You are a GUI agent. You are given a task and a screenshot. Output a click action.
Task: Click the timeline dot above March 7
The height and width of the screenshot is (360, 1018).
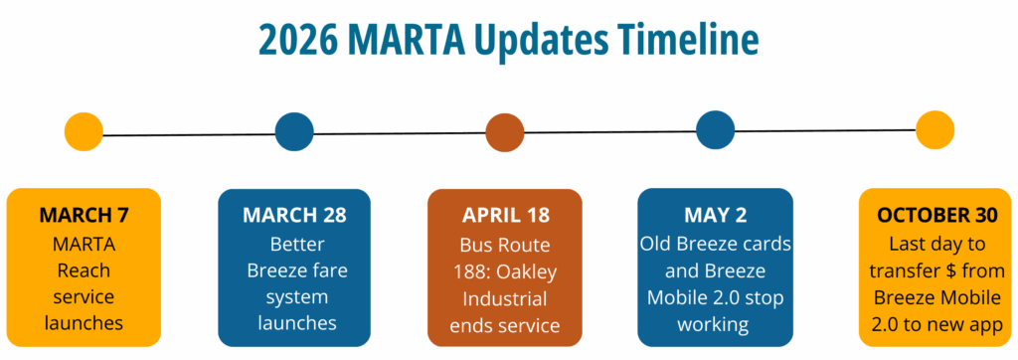point(84,132)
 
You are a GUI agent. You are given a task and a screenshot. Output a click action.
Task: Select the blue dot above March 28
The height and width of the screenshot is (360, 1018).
point(294,132)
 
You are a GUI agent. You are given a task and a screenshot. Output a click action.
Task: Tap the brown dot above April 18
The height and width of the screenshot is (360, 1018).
point(504,132)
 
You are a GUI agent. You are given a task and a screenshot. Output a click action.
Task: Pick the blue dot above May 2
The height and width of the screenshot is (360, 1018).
point(716,130)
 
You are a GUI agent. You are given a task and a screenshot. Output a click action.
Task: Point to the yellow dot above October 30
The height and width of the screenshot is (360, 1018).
point(934,130)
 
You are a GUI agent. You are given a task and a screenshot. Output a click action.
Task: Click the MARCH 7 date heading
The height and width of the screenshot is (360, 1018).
point(84,215)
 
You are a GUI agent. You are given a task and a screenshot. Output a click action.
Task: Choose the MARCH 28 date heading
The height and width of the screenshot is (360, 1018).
point(294,216)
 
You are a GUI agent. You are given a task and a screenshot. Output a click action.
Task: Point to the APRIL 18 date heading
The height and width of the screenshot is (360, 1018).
point(505,216)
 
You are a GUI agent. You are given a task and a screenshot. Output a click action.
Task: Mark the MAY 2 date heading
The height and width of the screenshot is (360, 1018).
point(716,215)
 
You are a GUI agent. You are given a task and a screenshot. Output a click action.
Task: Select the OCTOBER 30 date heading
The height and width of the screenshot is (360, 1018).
point(936,215)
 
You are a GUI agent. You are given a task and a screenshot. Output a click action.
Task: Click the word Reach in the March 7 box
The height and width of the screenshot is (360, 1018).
point(84,270)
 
